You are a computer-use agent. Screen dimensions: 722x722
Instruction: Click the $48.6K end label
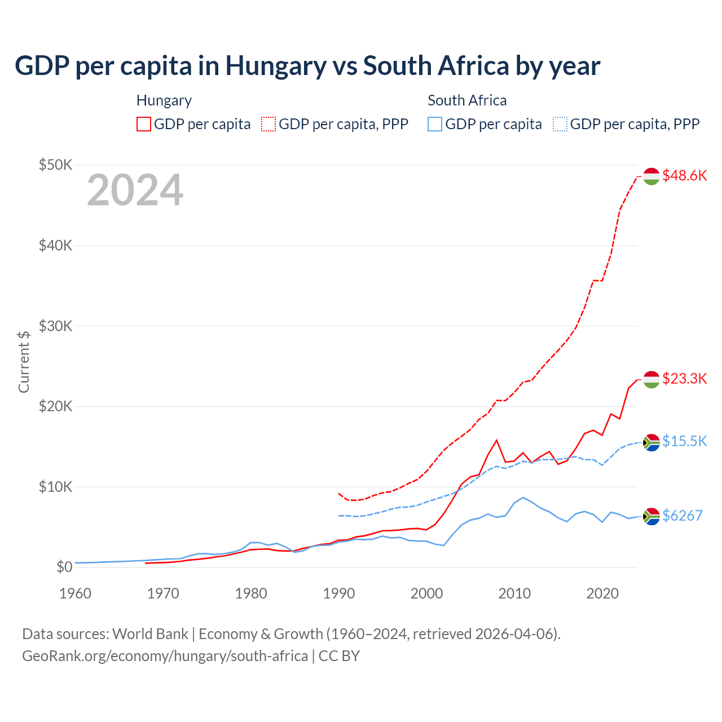click(x=684, y=175)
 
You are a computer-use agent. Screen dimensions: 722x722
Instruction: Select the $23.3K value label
click(x=684, y=378)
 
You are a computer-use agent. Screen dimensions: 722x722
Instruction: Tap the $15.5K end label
click(x=684, y=441)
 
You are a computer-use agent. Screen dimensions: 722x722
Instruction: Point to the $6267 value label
click(x=682, y=516)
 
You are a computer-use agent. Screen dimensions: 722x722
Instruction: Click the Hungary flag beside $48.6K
click(x=651, y=176)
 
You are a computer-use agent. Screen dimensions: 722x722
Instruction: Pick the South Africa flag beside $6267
click(x=651, y=516)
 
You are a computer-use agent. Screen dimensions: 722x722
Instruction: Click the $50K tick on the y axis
click(x=55, y=165)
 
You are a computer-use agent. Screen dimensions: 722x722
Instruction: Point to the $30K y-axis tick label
click(x=55, y=326)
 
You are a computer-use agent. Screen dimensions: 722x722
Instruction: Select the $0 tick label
click(x=64, y=567)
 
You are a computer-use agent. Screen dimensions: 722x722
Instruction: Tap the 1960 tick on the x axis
click(x=75, y=593)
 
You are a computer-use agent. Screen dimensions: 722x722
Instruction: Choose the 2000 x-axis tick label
click(x=426, y=593)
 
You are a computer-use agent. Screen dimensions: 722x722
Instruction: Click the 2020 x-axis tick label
click(x=602, y=593)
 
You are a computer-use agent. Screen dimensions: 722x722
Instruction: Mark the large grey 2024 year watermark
click(x=135, y=190)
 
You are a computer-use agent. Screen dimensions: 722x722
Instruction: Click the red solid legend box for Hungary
click(x=144, y=124)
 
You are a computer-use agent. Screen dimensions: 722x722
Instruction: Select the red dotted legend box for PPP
click(x=268, y=124)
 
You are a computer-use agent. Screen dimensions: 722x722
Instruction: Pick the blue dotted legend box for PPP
click(x=560, y=124)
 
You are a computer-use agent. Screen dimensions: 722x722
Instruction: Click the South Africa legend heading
click(x=467, y=100)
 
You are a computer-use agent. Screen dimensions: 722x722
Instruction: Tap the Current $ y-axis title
click(x=24, y=362)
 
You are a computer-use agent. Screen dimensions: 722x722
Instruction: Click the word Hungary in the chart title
click(x=276, y=66)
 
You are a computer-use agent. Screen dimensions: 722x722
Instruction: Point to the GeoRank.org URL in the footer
click(x=165, y=656)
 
